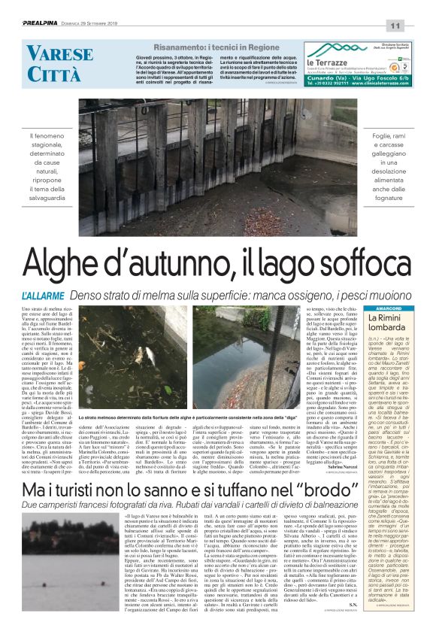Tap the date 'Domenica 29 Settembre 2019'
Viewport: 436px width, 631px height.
coord(102,25)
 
